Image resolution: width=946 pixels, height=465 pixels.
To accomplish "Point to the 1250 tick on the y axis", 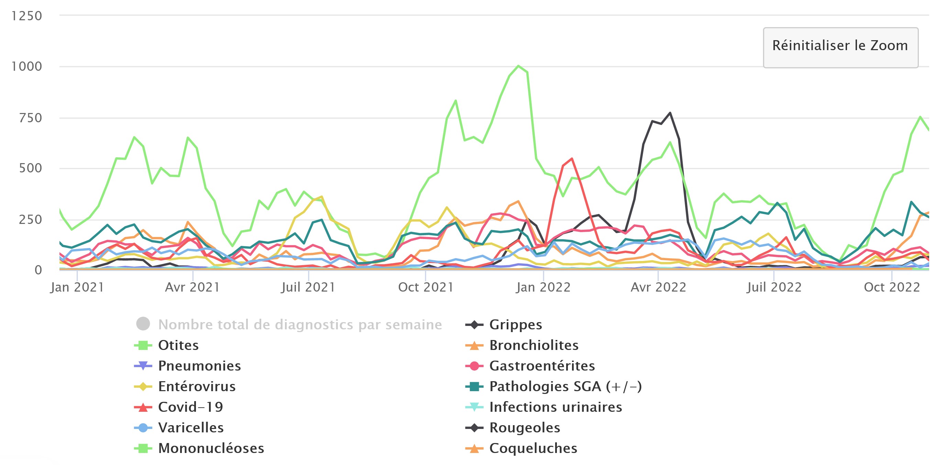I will (27, 16).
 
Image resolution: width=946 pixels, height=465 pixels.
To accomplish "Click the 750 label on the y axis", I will (31, 118).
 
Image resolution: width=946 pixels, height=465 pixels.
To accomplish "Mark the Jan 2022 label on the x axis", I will (543, 287).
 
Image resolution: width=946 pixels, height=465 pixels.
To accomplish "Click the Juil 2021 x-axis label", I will (308, 287).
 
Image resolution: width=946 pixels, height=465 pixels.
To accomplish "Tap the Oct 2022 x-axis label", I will (892, 287).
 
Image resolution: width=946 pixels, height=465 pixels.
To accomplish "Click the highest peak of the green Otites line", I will (518, 66).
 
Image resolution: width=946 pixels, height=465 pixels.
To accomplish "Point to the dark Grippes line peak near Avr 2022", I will (670, 113).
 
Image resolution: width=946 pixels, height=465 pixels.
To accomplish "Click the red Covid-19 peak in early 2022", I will (572, 159).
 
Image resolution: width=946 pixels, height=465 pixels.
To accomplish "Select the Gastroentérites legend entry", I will (542, 366).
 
